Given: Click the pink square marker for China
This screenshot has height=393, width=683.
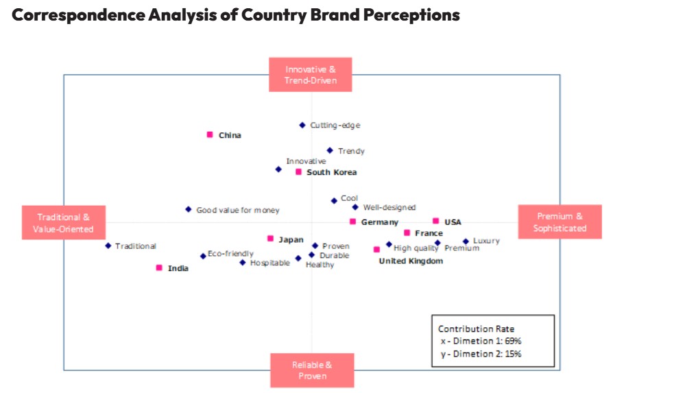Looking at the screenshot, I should (210, 134).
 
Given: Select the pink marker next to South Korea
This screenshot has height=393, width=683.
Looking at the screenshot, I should (298, 171).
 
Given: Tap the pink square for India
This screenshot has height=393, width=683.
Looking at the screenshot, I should (159, 267).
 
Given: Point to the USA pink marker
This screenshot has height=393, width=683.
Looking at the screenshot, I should (435, 221).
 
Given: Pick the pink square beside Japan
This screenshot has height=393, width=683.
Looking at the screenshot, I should (270, 239).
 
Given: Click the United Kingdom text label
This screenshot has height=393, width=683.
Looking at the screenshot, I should (411, 261).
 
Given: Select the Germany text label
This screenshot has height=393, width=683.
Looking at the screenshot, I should (379, 222).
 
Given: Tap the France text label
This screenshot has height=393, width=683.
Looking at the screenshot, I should (429, 233).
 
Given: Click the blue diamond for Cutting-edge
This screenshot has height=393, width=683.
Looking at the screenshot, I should (302, 125).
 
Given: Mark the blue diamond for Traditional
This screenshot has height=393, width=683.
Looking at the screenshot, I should (108, 246).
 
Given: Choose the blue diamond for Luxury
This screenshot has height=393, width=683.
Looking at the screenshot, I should (466, 241).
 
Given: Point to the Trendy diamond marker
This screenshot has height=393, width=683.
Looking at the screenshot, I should (329, 150).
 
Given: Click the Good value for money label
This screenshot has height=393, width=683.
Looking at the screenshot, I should (237, 210).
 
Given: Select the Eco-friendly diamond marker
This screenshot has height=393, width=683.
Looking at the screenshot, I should (203, 256).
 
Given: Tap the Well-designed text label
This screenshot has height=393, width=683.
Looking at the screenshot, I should (389, 207).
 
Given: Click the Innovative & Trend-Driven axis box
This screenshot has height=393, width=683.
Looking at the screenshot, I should (310, 75).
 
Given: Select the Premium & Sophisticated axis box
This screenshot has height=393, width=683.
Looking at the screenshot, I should (560, 222).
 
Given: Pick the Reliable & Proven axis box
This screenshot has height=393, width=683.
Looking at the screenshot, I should (312, 370).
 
